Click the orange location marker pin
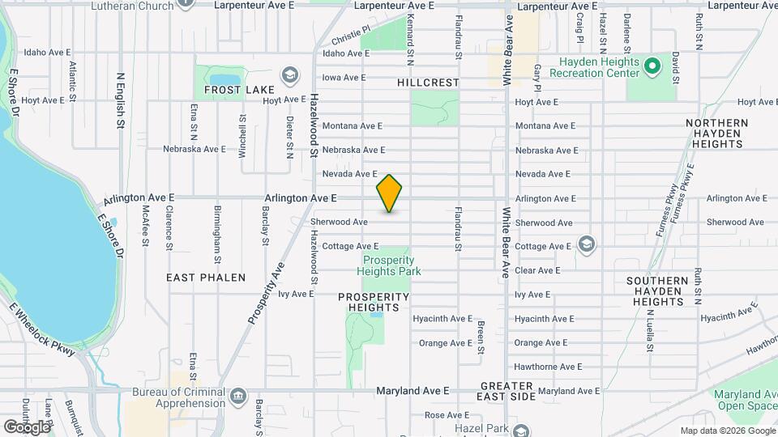click(390, 193)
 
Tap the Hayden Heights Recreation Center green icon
click(652, 65)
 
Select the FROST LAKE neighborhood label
click(236, 90)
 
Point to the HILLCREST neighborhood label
click(428, 83)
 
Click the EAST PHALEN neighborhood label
click(206, 278)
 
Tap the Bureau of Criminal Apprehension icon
click(238, 396)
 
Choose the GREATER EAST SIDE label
click(518, 391)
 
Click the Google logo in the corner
click(26, 426)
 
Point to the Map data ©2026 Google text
click(727, 431)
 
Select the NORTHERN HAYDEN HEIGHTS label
click(716, 133)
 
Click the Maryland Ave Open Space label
click(745, 399)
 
